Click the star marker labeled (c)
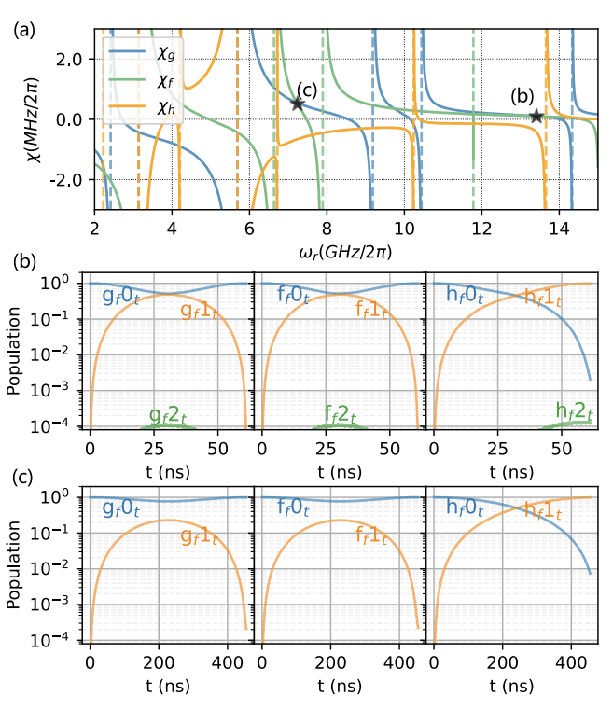[x=298, y=104]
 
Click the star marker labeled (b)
[x=536, y=116]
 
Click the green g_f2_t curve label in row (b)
[x=174, y=414]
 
